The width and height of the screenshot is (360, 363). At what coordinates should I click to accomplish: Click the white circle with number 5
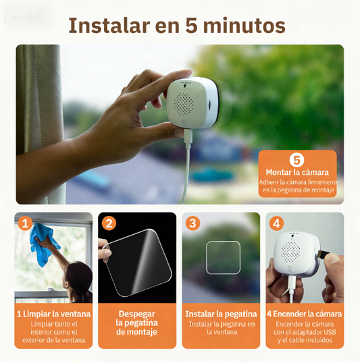coord(296,160)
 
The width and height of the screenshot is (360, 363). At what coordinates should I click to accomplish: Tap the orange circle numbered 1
coord(25,223)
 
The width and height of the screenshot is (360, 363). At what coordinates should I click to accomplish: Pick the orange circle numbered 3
coord(193,223)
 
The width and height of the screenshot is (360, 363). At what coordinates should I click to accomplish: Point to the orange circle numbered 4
coord(276,223)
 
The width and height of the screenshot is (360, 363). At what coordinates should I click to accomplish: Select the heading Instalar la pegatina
coord(221,314)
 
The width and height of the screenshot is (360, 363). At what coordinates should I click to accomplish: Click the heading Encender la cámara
coord(305,314)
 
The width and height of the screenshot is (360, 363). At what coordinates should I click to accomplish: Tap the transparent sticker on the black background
coord(140,263)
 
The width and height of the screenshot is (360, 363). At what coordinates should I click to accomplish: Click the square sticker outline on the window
coord(223,257)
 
